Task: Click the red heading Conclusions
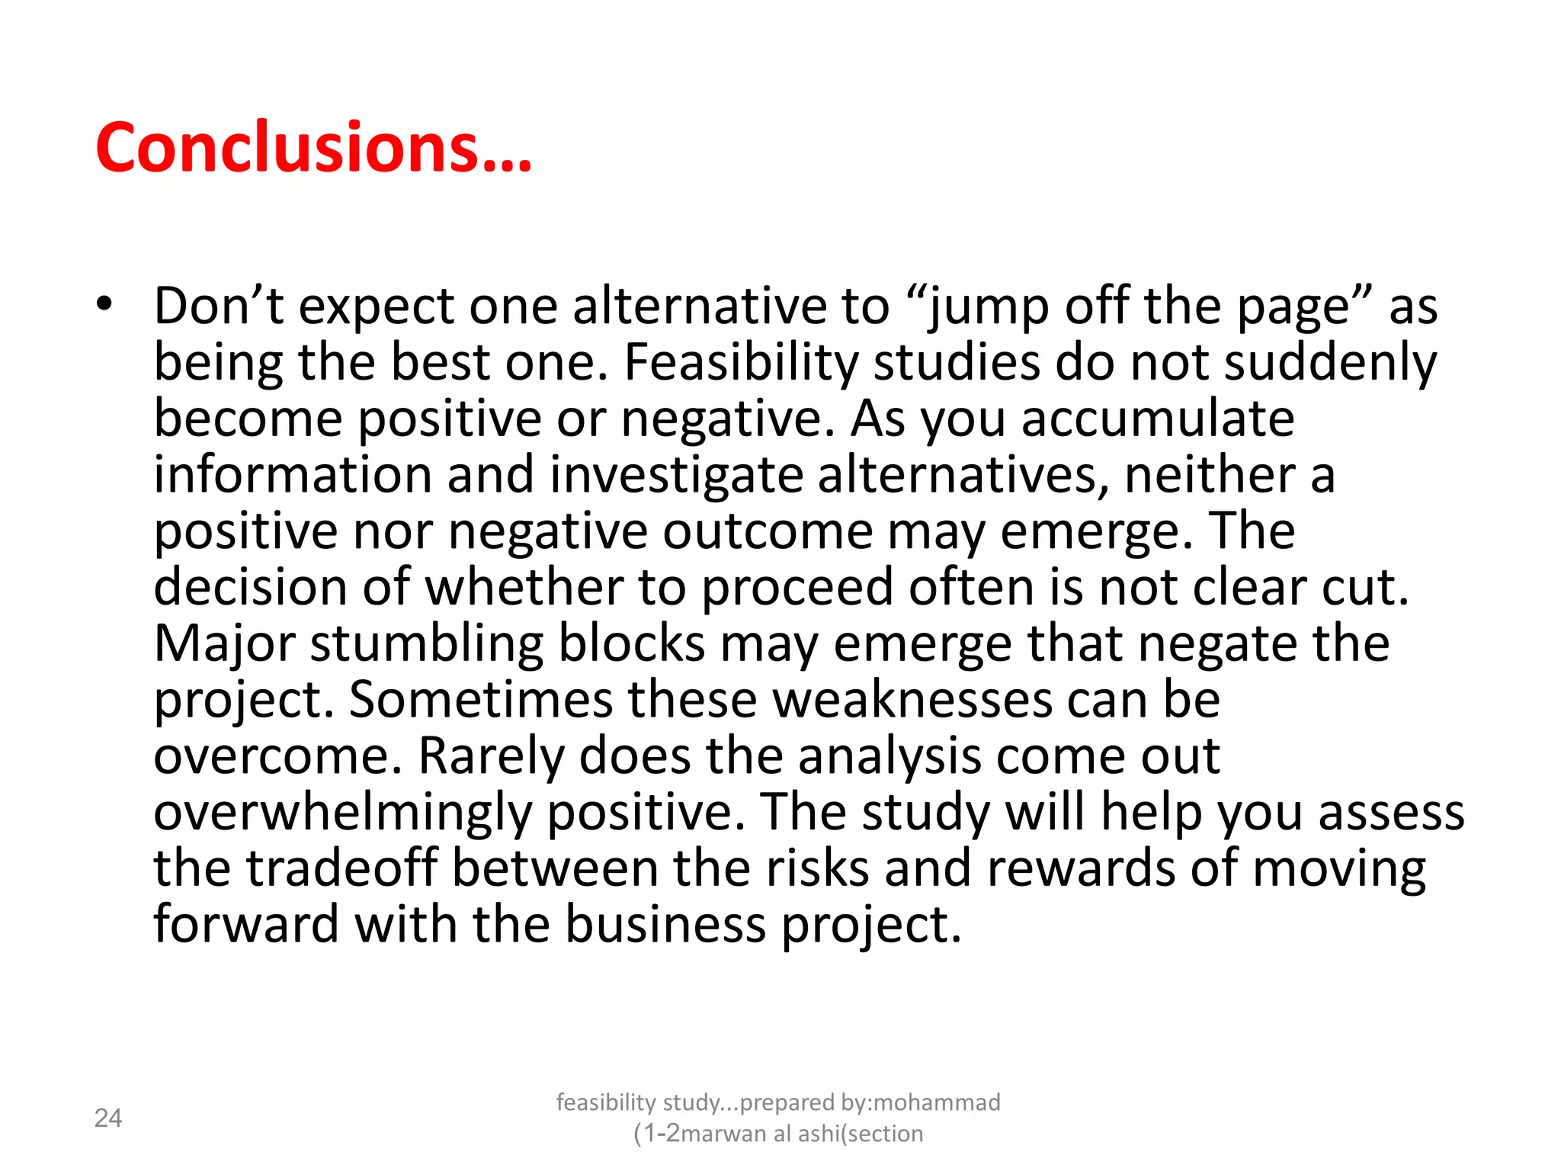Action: click(313, 147)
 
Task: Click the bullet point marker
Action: click(104, 304)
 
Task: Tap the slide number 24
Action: click(107, 1118)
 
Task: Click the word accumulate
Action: click(1157, 419)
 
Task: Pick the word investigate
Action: click(676, 475)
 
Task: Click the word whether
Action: click(524, 588)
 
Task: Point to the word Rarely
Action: click(491, 756)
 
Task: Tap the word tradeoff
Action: click(341, 868)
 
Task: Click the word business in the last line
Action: click(665, 925)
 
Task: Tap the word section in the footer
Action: click(885, 1134)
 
